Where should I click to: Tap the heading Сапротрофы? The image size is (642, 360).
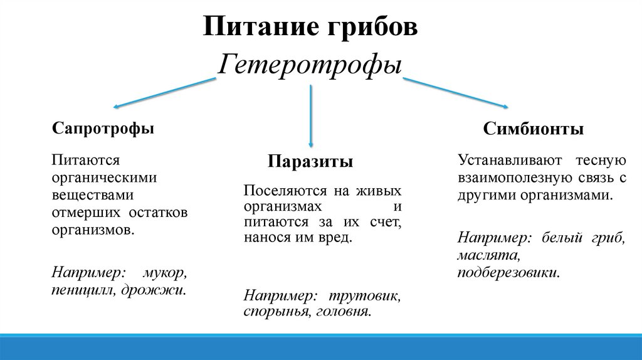click(103, 129)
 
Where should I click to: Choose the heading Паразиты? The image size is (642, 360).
click(311, 162)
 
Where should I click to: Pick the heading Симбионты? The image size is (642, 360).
click(534, 129)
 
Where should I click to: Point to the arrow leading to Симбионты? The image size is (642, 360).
click(455, 93)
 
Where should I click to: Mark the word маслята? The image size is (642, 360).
click(488, 256)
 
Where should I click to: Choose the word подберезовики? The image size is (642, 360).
click(508, 273)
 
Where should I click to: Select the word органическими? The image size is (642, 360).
click(104, 177)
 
